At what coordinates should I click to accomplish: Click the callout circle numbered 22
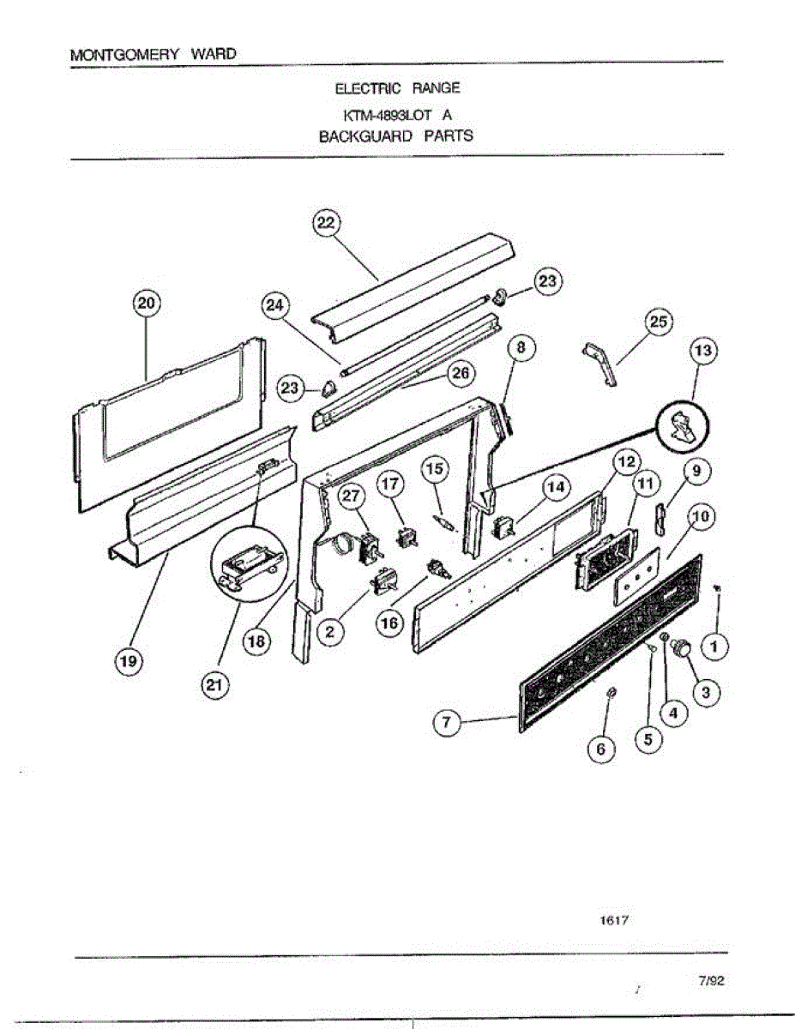coord(324,223)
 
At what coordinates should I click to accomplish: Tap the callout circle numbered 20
coord(146,303)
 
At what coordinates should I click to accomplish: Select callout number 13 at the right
coord(703,352)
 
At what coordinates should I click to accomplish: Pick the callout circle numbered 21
coord(211,686)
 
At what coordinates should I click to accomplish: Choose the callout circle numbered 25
coord(658,323)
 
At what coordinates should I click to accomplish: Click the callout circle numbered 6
coord(600,749)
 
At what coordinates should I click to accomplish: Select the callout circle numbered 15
coord(435,469)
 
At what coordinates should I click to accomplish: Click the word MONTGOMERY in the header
coord(124,54)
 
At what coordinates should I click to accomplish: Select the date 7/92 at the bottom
coord(712,983)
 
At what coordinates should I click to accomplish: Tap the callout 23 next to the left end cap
coord(292,389)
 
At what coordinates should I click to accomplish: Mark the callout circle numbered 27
coord(352,496)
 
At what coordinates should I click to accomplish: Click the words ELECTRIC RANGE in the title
coord(397,88)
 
